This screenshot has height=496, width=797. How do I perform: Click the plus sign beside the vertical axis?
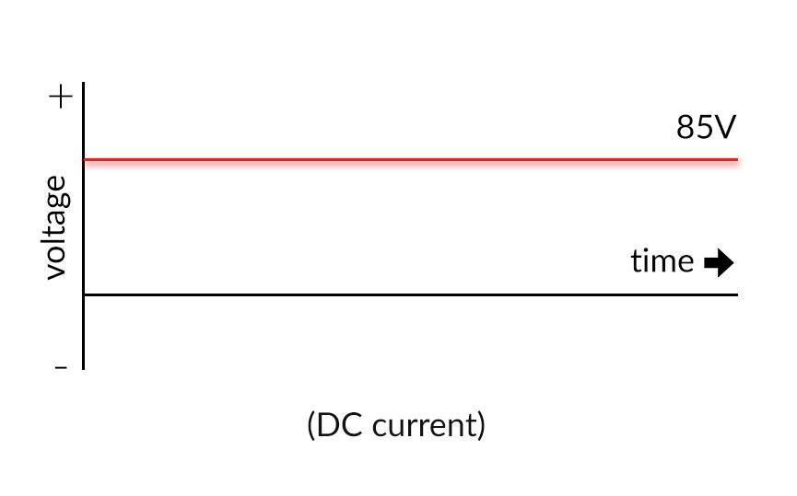[x=61, y=97]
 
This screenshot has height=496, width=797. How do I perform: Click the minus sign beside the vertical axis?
[x=61, y=367]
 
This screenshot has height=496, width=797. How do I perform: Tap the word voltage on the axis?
[x=56, y=227]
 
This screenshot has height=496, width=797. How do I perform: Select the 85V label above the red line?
[x=706, y=127]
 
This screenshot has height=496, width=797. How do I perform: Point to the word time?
[x=662, y=261]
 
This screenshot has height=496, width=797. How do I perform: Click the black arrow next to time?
[x=719, y=262]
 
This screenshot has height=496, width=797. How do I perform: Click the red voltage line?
[x=411, y=160]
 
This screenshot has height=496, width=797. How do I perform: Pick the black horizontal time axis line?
[x=411, y=294]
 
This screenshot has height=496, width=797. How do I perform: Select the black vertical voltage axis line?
[x=83, y=226]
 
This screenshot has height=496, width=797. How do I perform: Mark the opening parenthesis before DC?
[x=311, y=425]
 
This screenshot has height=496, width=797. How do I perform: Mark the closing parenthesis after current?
[x=481, y=425]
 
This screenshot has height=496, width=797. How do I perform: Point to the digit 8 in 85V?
[x=686, y=127]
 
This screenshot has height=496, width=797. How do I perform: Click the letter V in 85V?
[x=725, y=127]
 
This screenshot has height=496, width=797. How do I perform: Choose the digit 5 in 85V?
[x=705, y=127]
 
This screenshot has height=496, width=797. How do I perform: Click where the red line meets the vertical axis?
[x=83, y=160]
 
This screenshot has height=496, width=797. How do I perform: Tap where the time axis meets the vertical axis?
[x=83, y=294]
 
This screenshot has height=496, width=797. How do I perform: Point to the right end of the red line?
[x=737, y=160]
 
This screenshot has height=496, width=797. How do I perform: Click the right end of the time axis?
[x=737, y=294]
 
